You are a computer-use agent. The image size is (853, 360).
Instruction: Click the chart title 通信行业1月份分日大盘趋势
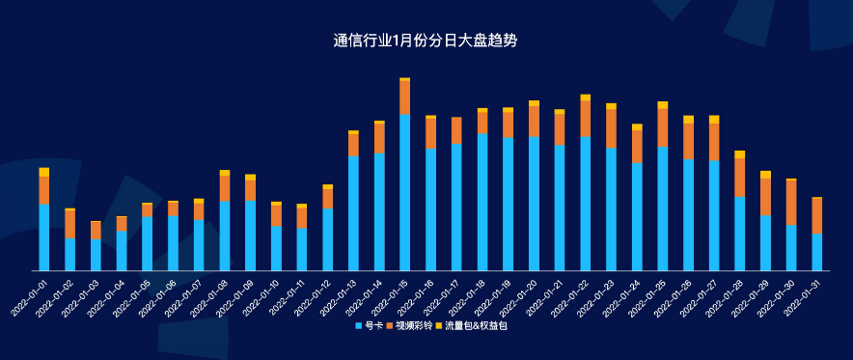pyautogui.click(x=426, y=41)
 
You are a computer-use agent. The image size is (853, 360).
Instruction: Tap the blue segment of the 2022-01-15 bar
pyautogui.click(x=405, y=193)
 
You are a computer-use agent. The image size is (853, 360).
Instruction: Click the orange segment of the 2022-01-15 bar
pyautogui.click(x=405, y=97)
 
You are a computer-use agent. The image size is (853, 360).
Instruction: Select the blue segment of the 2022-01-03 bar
pyautogui.click(x=96, y=255)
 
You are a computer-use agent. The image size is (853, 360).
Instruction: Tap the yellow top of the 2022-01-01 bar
pyautogui.click(x=44, y=172)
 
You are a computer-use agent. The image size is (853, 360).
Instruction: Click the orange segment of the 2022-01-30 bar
pyautogui.click(x=791, y=203)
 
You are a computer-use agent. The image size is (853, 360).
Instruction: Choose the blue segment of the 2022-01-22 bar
pyautogui.click(x=586, y=204)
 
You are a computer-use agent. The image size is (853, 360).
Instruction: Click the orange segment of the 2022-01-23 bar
pyautogui.click(x=611, y=128)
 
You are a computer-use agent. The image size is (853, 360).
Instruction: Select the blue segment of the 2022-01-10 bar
pyautogui.click(x=276, y=248)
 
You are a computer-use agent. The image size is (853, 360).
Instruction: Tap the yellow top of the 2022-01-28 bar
pyautogui.click(x=740, y=154)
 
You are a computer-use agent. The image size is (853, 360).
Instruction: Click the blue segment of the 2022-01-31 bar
pyautogui.click(x=817, y=252)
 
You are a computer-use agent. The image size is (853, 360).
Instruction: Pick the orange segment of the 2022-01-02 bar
pyautogui.click(x=69, y=224)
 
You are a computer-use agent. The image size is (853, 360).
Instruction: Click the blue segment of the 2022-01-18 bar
pyautogui.click(x=482, y=202)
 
